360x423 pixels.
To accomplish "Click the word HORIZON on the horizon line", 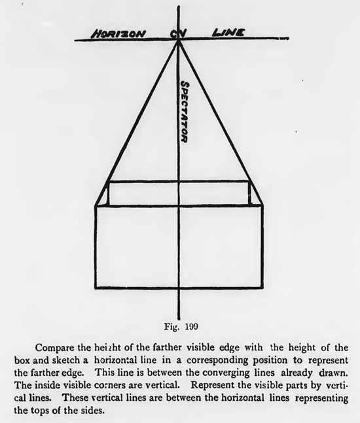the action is tap(118, 33).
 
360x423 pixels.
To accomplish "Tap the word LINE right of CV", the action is tap(228, 32).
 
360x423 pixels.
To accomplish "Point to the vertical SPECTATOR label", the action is tap(185, 112).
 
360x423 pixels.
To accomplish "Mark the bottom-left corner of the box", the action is tap(96, 288).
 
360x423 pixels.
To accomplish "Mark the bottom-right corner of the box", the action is tap(262, 288).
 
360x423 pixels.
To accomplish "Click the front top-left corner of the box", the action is tap(96, 207).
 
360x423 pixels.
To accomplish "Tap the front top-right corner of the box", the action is tap(262, 207).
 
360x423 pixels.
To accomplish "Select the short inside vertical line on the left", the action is tap(108, 194).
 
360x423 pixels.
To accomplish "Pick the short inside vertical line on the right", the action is tap(250, 194).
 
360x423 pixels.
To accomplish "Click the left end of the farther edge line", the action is tap(108, 182).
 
